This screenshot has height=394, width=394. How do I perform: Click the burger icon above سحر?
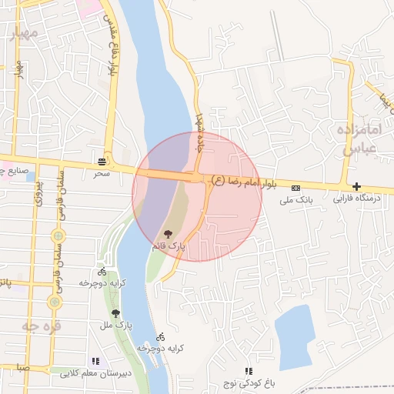click(102, 161)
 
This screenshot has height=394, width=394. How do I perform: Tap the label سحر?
click(102, 174)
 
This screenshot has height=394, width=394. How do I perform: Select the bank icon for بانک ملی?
click(296, 187)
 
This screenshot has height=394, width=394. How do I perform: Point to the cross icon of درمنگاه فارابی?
click(356, 186)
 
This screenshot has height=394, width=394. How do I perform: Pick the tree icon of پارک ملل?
click(115, 313)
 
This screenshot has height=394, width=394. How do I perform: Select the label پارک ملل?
click(117, 326)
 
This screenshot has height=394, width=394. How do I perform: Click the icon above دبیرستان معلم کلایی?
click(95, 360)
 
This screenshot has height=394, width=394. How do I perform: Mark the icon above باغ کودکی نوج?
click(248, 371)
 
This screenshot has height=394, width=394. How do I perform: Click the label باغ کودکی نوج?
click(247, 383)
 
